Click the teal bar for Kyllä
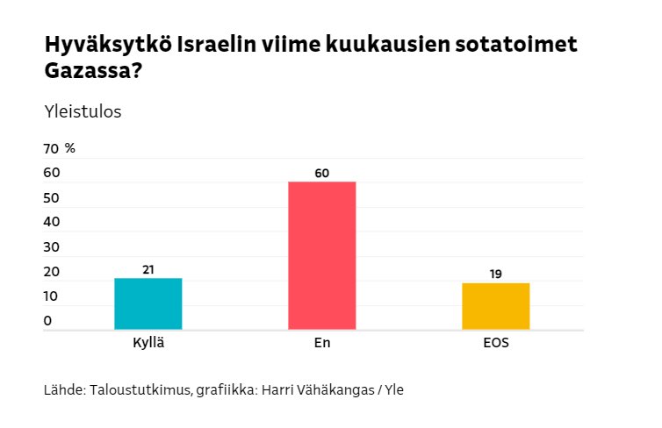[148, 303]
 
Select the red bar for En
[321, 255]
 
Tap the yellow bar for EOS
[495, 306]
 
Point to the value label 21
[148, 269]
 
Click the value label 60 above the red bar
[321, 173]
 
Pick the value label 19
[495, 274]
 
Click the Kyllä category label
[148, 343]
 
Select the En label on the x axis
[321, 343]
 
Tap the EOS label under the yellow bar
[495, 343]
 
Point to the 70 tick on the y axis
[51, 148]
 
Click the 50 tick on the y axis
[51, 198]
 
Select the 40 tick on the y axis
[51, 223]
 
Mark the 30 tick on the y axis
[51, 247]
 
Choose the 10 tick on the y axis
[51, 296]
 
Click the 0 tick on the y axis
[47, 321]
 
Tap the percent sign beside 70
[70, 148]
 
